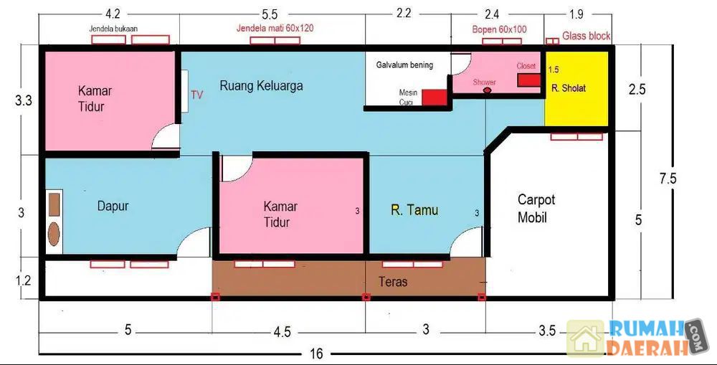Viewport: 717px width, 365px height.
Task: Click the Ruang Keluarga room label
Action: point(261,85)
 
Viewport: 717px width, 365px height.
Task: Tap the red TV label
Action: point(196,95)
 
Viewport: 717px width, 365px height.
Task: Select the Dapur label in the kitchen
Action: point(113,206)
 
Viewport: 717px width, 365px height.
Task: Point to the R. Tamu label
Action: point(414,210)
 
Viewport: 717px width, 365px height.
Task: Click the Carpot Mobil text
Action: point(536,208)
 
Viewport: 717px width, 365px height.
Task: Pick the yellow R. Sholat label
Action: point(569,87)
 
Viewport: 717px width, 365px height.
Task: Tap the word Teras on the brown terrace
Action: point(393,281)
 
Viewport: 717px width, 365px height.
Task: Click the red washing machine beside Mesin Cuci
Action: point(434,98)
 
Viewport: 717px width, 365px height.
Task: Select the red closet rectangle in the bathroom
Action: point(529,80)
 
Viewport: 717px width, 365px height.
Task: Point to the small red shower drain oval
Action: point(488,90)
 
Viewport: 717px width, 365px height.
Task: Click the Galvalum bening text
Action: point(404,65)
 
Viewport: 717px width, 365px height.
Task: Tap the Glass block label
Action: point(587,36)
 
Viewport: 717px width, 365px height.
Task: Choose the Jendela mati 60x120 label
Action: point(275,28)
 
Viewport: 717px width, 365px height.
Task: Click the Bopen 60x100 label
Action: point(499,29)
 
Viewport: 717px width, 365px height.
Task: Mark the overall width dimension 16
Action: point(316,353)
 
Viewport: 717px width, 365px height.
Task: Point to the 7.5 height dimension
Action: point(668,178)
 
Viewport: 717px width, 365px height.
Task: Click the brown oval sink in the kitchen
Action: point(54,234)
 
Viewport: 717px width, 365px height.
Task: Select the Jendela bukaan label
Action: point(113,29)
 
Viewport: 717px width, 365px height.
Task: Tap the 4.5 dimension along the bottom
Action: point(282,331)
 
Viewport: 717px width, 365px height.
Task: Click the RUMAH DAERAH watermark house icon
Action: point(585,338)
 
